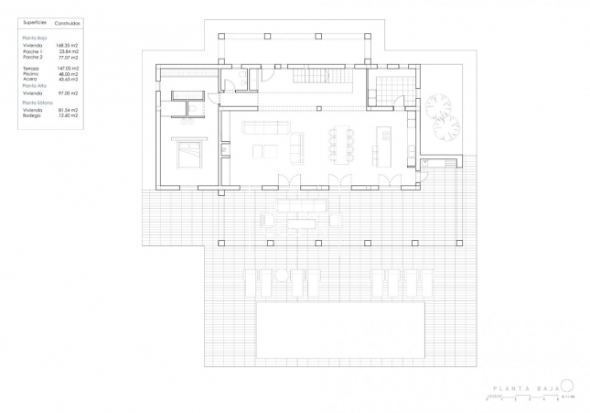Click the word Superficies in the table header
click(35, 19)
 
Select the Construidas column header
click(68, 19)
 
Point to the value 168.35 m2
click(68, 45)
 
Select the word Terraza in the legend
click(33, 69)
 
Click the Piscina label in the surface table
click(32, 74)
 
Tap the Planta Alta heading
click(35, 86)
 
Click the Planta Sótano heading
click(38, 103)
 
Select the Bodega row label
click(33, 115)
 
